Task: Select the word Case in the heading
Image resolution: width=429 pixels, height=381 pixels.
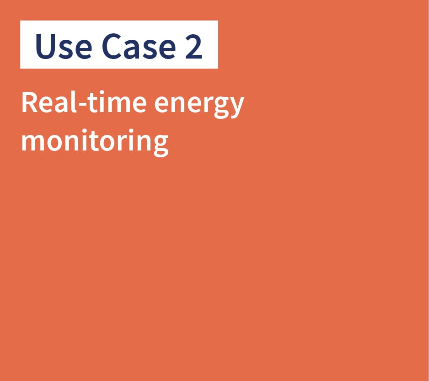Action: tap(139, 46)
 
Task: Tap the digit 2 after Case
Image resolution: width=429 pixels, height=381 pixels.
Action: tap(194, 46)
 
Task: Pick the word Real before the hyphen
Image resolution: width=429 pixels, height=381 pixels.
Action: tap(49, 102)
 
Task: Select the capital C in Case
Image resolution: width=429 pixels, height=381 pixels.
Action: tap(112, 46)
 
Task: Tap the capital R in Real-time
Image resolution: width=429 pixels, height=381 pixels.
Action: tap(30, 102)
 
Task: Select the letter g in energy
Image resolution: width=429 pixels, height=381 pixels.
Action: tap(221, 107)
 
